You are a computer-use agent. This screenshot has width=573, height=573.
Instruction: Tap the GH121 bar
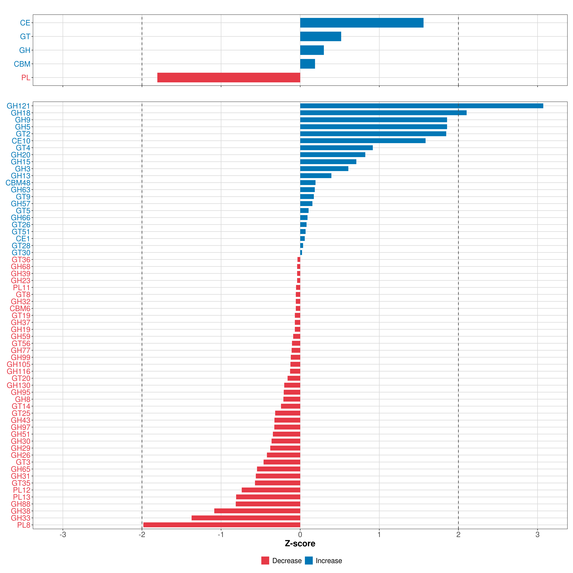(421, 106)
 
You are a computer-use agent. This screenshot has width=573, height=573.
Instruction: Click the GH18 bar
(383, 113)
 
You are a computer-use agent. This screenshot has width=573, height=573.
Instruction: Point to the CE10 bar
(363, 141)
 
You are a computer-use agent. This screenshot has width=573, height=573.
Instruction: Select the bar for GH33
(246, 518)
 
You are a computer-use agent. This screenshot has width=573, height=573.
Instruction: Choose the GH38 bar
(257, 511)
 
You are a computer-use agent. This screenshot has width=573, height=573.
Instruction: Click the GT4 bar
(336, 148)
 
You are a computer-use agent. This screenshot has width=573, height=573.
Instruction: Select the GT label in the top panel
(25, 37)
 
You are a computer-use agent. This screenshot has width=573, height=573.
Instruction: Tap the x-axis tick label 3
(537, 535)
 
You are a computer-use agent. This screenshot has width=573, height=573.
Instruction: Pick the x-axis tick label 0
(300, 535)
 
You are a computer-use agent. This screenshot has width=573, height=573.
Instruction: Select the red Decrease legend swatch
(265, 561)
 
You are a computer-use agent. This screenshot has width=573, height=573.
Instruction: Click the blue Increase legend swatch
(309, 561)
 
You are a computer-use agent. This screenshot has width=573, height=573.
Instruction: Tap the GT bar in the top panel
(321, 37)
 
